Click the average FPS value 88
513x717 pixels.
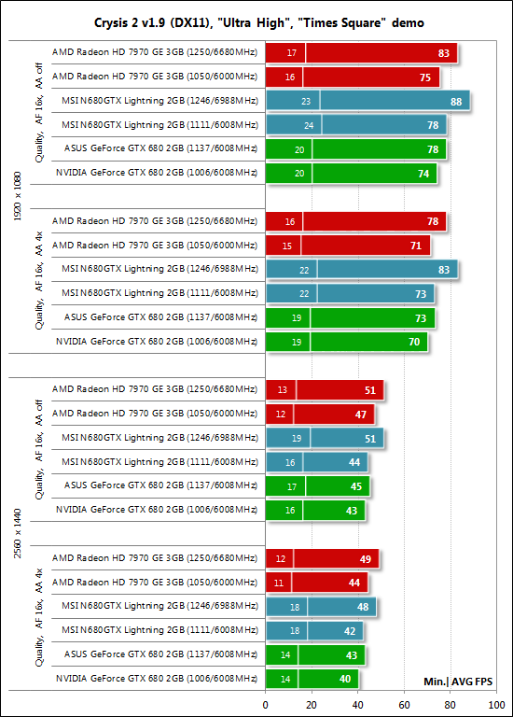(x=456, y=102)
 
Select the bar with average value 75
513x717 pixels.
(x=353, y=77)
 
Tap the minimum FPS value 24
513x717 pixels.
(x=309, y=125)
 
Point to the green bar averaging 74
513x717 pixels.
(x=352, y=174)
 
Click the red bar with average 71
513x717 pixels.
(x=348, y=246)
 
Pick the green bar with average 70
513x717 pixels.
(x=347, y=342)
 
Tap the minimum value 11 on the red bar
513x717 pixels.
(x=279, y=583)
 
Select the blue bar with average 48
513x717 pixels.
(x=321, y=607)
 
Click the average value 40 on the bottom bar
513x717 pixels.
(x=345, y=679)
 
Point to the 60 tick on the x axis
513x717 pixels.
(x=404, y=705)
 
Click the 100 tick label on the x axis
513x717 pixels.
(x=496, y=705)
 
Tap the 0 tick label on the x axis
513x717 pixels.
(x=266, y=705)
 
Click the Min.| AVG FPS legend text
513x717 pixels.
(x=458, y=682)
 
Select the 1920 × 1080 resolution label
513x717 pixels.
(x=18, y=196)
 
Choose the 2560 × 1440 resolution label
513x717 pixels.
(x=18, y=533)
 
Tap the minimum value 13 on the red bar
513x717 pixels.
(x=283, y=390)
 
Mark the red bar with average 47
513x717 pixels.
(x=320, y=415)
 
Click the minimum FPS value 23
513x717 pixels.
(x=306, y=102)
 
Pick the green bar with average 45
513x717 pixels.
(x=318, y=486)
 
